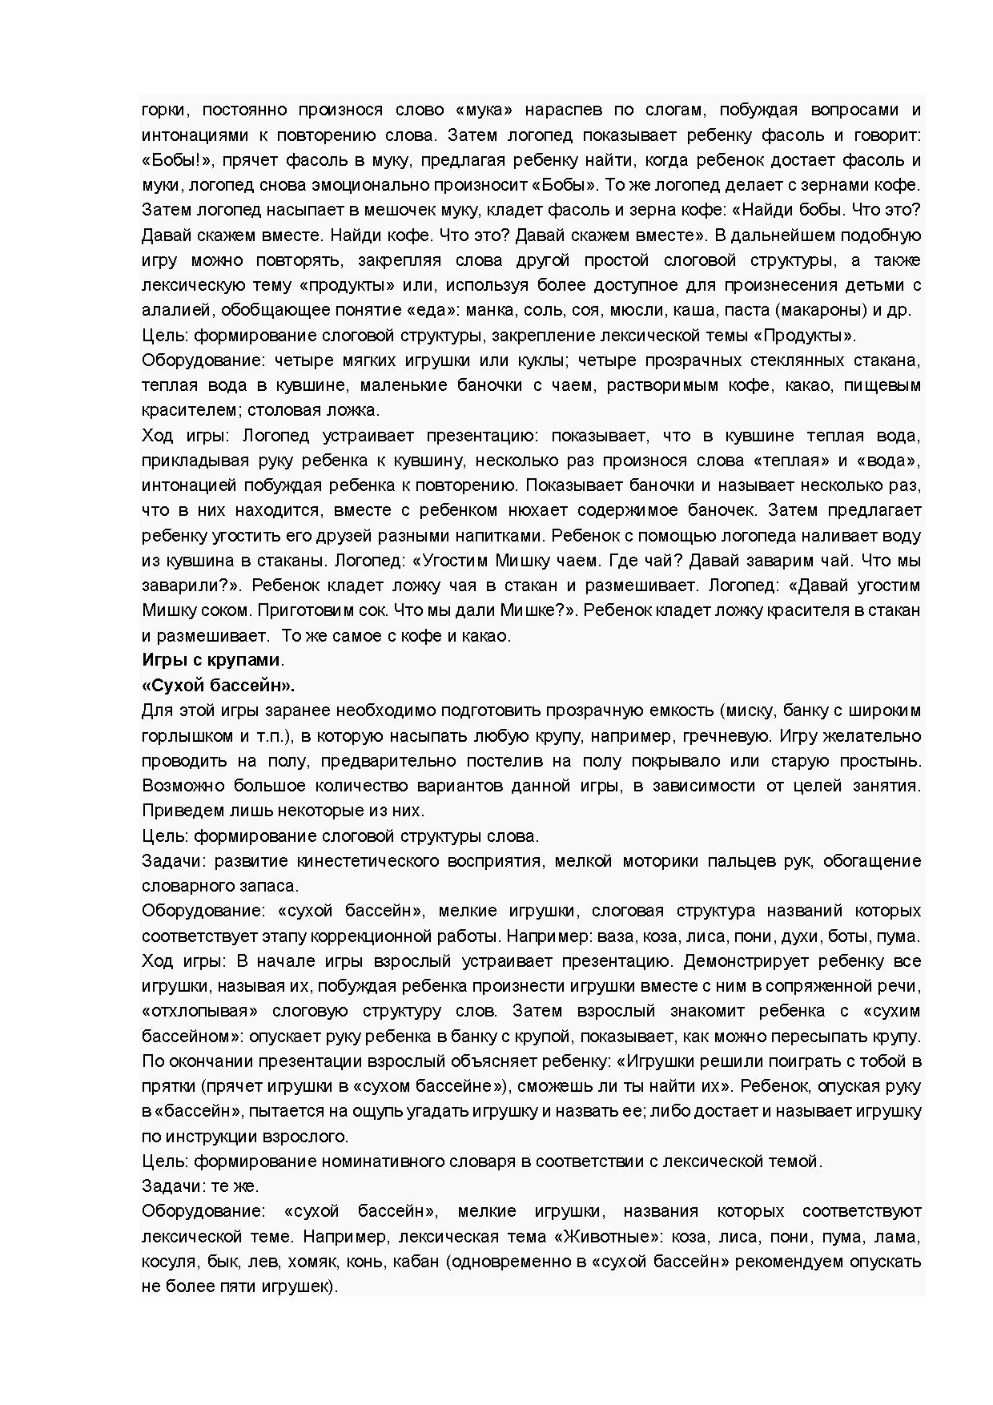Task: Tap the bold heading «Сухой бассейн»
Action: click(x=218, y=686)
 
